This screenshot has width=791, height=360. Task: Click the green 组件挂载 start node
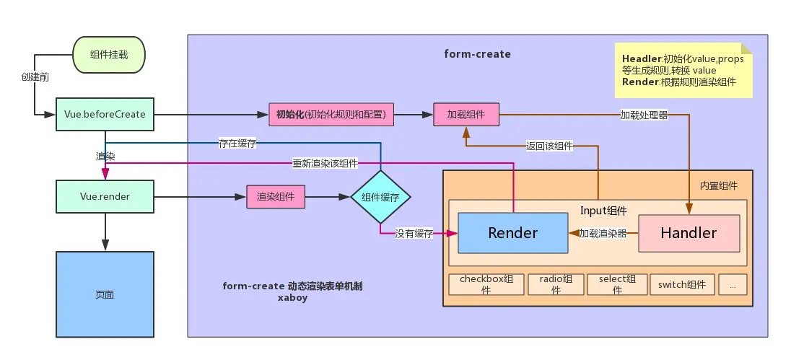tap(109, 55)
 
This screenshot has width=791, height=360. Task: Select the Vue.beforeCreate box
tap(105, 115)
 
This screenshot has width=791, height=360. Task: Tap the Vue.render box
tap(105, 196)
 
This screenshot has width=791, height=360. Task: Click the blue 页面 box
tap(105, 294)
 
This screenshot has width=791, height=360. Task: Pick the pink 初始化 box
tap(331, 114)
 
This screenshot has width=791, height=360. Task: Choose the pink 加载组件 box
tap(466, 114)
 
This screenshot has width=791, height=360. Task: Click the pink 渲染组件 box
tap(275, 197)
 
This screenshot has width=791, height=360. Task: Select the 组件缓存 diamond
tap(380, 197)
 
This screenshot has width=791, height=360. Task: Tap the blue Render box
tap(512, 233)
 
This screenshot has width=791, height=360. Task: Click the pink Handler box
tap(689, 233)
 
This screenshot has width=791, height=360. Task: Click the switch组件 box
tap(682, 284)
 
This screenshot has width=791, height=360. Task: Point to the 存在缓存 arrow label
tap(238, 143)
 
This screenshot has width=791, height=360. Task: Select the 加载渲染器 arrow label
tap(603, 233)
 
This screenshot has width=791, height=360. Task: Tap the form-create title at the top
tap(477, 54)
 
